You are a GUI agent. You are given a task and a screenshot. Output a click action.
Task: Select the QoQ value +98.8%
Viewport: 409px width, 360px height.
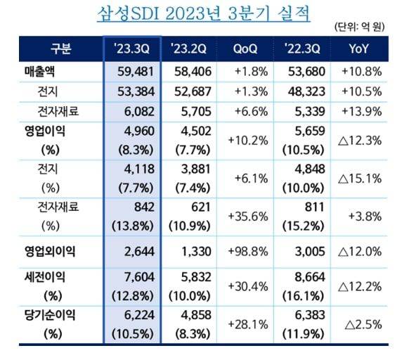click(x=247, y=251)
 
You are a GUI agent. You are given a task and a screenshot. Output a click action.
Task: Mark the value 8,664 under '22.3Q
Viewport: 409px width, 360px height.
click(x=306, y=277)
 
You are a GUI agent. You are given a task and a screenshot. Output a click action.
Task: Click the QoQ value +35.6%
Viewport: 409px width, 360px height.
click(x=247, y=217)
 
